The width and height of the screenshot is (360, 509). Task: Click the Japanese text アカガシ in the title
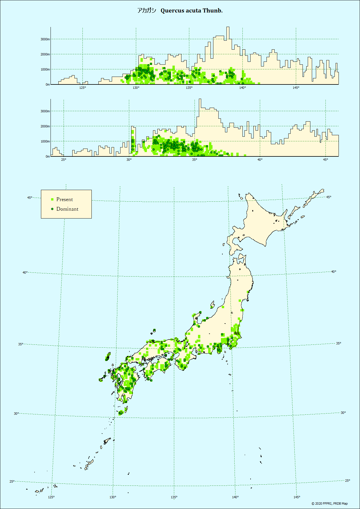tap(147, 11)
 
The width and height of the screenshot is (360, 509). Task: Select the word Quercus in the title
tap(172, 11)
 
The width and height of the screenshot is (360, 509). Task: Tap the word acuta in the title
tap(193, 11)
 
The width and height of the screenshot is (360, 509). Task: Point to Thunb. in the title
tap(213, 11)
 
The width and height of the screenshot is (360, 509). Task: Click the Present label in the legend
tap(64, 199)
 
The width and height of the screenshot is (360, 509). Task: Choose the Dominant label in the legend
tap(67, 209)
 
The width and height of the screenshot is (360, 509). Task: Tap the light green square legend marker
tap(52, 199)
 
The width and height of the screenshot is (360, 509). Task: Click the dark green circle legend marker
tap(52, 209)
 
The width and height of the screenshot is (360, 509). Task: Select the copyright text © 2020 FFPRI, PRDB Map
tap(330, 503)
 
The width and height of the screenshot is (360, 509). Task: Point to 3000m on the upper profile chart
tap(45, 39)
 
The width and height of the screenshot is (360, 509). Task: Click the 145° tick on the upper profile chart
tap(296, 88)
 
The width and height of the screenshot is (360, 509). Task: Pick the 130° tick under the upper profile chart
tap(136, 88)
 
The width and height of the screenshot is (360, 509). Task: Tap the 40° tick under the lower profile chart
tap(260, 160)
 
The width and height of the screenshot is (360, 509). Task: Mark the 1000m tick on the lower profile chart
tap(45, 141)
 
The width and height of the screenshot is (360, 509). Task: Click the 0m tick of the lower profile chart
tap(48, 156)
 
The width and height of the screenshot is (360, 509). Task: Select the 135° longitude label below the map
tap(174, 497)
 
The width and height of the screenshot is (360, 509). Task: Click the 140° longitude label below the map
tap(235, 497)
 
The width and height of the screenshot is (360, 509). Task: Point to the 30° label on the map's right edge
tap(343, 413)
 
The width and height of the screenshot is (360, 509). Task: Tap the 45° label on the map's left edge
tap(30, 198)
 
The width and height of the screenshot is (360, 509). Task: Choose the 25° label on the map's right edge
tap(348, 481)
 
